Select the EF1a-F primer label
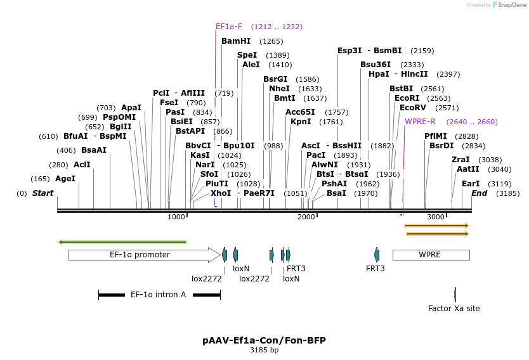click(x=229, y=27)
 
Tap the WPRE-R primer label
click(x=420, y=122)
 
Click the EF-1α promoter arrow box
click(x=140, y=255)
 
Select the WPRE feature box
click(x=431, y=255)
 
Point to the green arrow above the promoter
click(x=122, y=241)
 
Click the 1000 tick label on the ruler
click(x=176, y=217)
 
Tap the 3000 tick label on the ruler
click(x=436, y=217)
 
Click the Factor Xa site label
click(x=454, y=309)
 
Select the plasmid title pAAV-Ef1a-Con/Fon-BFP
click(x=264, y=340)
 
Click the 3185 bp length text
click(x=264, y=350)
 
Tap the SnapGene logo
click(x=509, y=5)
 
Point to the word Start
click(x=43, y=193)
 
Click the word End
click(x=480, y=193)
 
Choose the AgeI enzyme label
click(x=65, y=179)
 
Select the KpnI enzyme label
click(x=301, y=122)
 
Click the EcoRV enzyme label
click(x=412, y=108)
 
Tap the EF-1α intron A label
click(x=158, y=295)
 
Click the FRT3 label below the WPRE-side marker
click(x=376, y=268)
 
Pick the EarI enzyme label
click(x=471, y=184)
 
